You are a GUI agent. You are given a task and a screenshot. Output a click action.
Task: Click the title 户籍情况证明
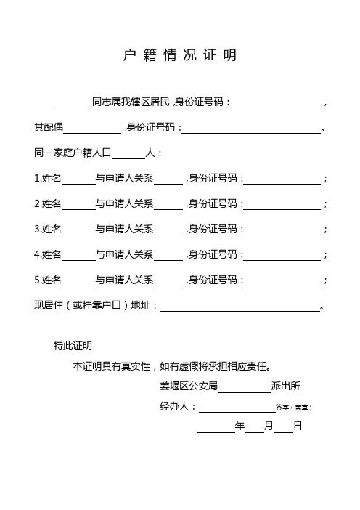179,56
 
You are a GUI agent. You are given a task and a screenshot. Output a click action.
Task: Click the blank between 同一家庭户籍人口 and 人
130,154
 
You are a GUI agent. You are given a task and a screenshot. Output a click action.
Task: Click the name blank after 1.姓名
78,179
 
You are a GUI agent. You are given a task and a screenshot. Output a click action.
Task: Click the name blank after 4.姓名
78,255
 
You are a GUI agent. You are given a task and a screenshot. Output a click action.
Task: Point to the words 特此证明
73,346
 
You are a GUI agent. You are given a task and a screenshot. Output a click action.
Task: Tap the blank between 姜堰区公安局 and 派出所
243,386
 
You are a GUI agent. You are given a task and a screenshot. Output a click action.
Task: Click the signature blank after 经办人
236,407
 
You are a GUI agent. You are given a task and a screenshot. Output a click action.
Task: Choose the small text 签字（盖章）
294,408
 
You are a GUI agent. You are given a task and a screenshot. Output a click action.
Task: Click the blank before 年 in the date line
216,427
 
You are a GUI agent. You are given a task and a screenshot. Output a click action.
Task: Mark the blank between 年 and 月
254,427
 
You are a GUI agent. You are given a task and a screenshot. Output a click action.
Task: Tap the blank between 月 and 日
283,427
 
